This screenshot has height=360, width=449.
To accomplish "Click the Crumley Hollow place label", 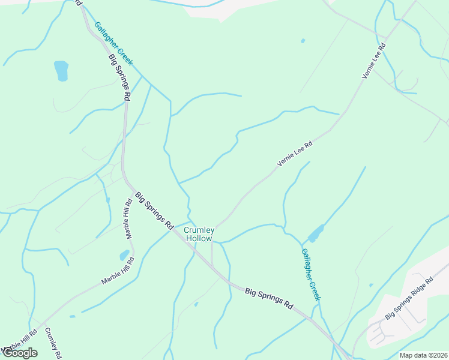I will [198, 234].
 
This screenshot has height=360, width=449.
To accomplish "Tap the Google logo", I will [20, 353].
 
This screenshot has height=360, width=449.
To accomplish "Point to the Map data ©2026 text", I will [423, 355].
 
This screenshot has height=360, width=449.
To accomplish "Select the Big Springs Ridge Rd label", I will [409, 298].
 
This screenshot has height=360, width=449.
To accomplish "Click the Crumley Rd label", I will [53, 343].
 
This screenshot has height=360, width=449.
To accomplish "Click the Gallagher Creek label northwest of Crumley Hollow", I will [113, 44].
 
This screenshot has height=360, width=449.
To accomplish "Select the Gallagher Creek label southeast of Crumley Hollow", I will [312, 274].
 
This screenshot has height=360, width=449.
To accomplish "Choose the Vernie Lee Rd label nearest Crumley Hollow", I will [295, 154].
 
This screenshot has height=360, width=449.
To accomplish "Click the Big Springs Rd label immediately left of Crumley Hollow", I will [154, 211].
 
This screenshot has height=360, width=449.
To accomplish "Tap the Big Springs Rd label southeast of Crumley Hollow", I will [269, 298].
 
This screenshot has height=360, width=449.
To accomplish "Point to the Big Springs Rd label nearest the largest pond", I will [119, 77].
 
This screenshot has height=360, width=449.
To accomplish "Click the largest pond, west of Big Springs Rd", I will [61, 70].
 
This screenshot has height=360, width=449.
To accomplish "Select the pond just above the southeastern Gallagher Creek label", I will [316, 233].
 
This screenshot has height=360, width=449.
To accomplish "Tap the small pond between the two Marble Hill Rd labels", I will [124, 255].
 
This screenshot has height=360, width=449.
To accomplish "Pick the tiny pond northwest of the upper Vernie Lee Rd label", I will [303, 41].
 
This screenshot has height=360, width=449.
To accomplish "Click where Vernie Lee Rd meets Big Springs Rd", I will [212, 265].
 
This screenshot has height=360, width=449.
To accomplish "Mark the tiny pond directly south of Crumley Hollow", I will [196, 304].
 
